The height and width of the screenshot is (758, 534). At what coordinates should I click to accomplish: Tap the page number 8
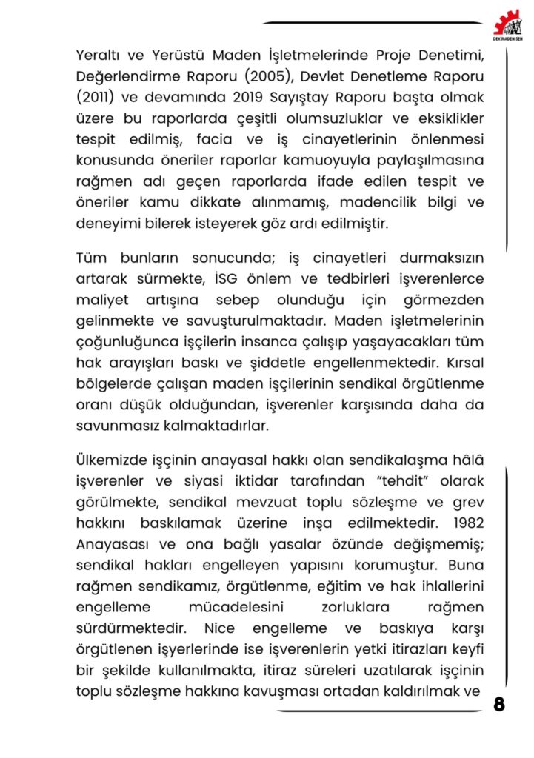click(x=499, y=704)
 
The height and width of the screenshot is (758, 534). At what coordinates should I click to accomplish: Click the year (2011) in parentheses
click(x=95, y=96)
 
